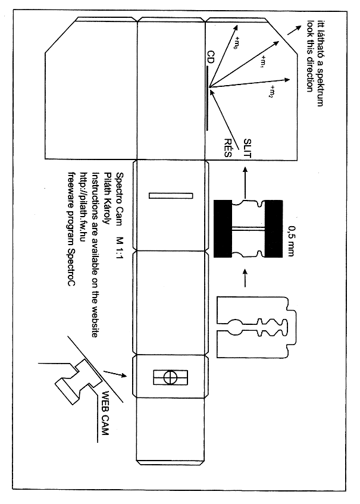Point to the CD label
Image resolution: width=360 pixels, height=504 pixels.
(210, 58)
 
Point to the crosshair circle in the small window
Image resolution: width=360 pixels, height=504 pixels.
(170, 377)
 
